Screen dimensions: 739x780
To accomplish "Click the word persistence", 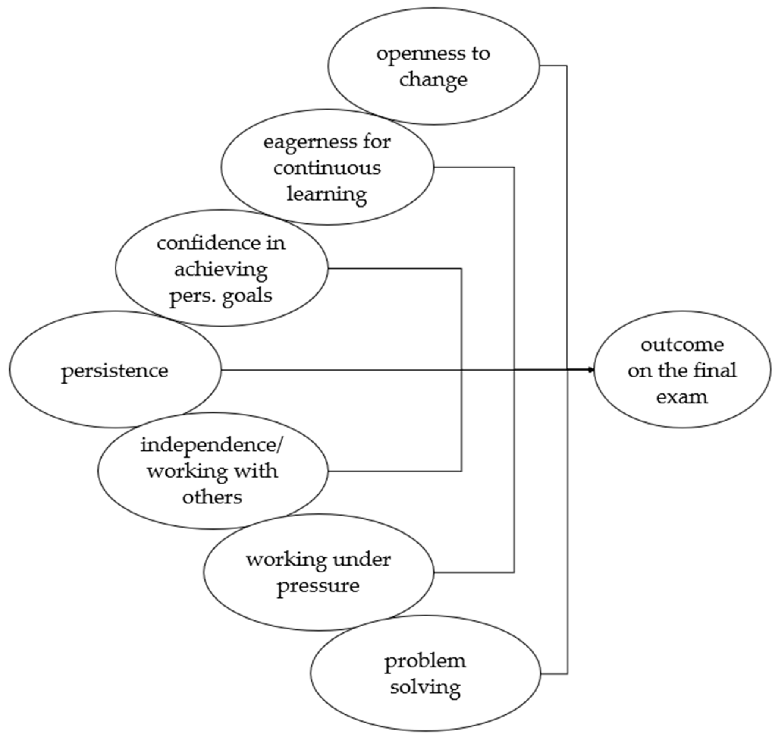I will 115,371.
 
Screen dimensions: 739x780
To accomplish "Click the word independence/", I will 212,445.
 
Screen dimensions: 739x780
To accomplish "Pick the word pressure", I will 318,586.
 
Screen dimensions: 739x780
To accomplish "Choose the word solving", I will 425,687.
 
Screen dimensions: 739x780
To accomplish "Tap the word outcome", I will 682,345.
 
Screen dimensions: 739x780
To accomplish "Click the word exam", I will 682,396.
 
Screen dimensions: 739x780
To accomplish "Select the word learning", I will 327,194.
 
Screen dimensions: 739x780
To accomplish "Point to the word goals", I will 247,295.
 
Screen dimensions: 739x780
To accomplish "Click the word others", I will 212,497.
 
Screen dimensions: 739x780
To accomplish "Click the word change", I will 433,80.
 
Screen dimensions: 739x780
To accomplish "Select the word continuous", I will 327,168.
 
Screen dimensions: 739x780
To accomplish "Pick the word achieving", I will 221,270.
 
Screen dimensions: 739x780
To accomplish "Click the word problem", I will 425,661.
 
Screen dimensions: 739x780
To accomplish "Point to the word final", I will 716,371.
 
